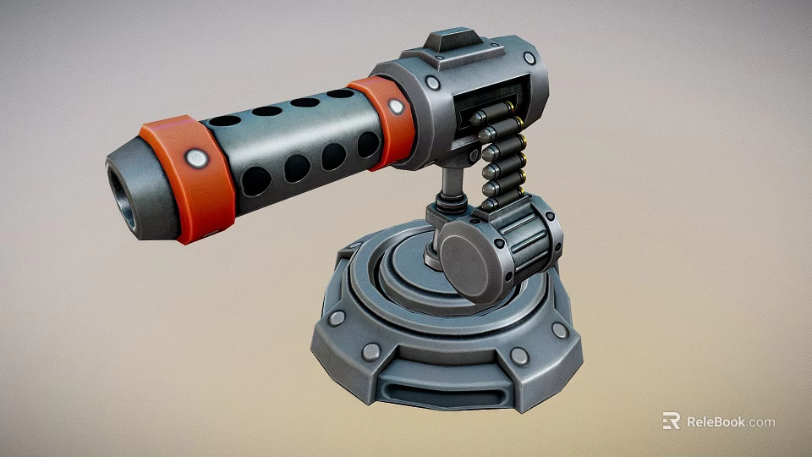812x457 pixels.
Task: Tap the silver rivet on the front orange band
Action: [x=196, y=157]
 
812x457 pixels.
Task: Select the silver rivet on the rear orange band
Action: [x=395, y=107]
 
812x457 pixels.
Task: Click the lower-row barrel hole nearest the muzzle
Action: [x=256, y=180]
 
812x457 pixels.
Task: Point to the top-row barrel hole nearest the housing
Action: [x=339, y=94]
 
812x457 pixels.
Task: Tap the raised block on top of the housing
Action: [x=453, y=41]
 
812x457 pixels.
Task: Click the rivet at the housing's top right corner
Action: [x=529, y=58]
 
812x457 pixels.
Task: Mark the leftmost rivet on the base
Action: [x=337, y=318]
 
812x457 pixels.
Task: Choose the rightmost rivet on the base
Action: [x=559, y=329]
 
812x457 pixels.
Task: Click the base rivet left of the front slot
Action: [x=370, y=351]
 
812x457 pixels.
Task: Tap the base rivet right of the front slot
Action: [x=519, y=356]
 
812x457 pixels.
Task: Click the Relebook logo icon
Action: [x=671, y=421]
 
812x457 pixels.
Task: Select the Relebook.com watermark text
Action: [x=730, y=421]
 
